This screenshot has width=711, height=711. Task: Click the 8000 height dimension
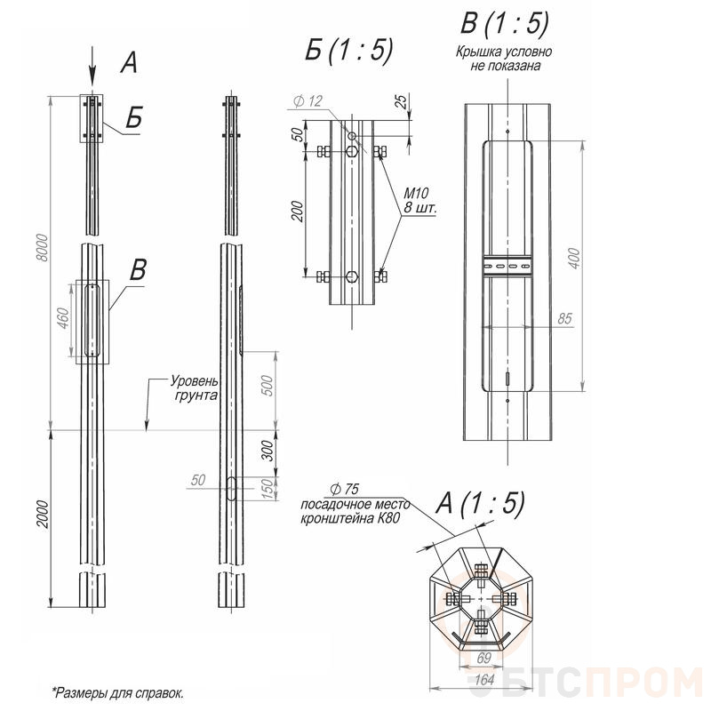point(42,247)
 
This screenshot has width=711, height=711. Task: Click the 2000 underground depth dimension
point(42,514)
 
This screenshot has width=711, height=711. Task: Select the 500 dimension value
point(268,386)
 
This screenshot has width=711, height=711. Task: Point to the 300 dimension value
point(268,450)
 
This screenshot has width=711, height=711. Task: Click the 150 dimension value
point(268,489)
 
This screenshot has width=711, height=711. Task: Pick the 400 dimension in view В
point(573,259)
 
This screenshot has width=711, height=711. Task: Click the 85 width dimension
point(564,318)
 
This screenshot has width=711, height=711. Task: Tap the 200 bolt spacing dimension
point(297,211)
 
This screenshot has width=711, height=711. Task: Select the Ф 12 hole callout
point(308,100)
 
